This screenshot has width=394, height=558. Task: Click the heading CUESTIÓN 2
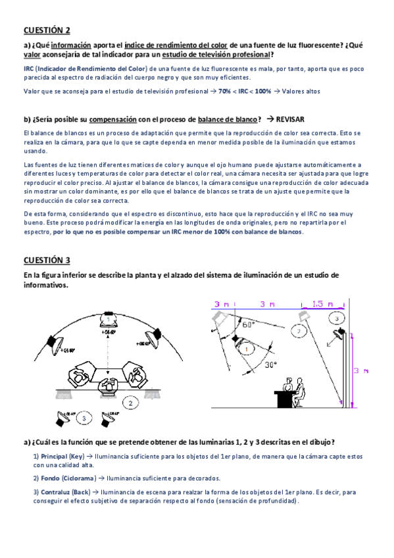point(47,30)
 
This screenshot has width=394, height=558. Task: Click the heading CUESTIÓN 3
point(47,260)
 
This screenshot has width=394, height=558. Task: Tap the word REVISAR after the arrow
point(290,119)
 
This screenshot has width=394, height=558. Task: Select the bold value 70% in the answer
point(224,91)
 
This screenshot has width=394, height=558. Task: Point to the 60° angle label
point(248,324)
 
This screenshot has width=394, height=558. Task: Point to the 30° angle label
point(271,365)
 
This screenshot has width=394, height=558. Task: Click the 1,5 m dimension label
point(322,304)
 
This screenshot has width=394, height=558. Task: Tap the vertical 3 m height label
point(361,371)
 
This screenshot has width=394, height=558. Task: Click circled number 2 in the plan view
point(130,403)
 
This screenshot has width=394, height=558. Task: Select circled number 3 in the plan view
point(84,418)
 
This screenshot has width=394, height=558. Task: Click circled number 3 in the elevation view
point(336,318)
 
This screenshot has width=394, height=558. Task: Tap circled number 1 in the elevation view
point(247,349)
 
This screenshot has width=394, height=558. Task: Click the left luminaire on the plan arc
point(55,343)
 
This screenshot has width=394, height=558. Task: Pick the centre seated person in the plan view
point(108,386)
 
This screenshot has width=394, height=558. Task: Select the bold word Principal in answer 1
point(54,456)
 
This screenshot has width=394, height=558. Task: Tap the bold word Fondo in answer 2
point(50,478)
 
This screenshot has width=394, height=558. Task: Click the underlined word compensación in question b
point(112,120)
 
